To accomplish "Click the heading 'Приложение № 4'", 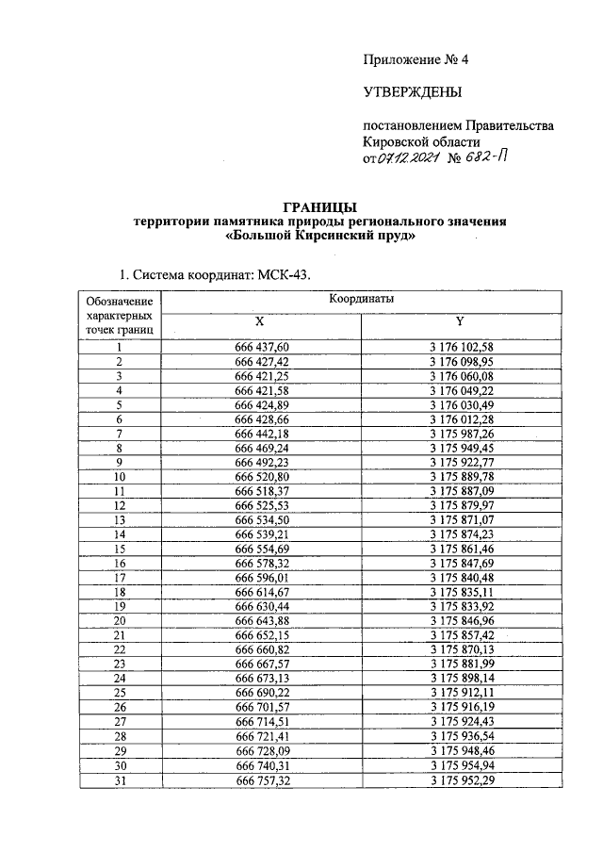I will coord(416,60).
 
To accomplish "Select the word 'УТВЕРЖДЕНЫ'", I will coord(413,92).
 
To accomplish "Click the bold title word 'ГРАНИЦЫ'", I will coord(320,206).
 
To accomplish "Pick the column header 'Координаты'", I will coord(362,299).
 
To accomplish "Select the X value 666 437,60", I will coord(261,348).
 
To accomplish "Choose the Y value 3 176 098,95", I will coord(462,362).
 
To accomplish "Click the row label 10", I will coord(120,478).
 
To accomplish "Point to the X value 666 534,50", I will coord(261,520).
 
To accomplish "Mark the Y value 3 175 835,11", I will coord(462,592).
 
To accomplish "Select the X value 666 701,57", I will coord(261,706).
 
